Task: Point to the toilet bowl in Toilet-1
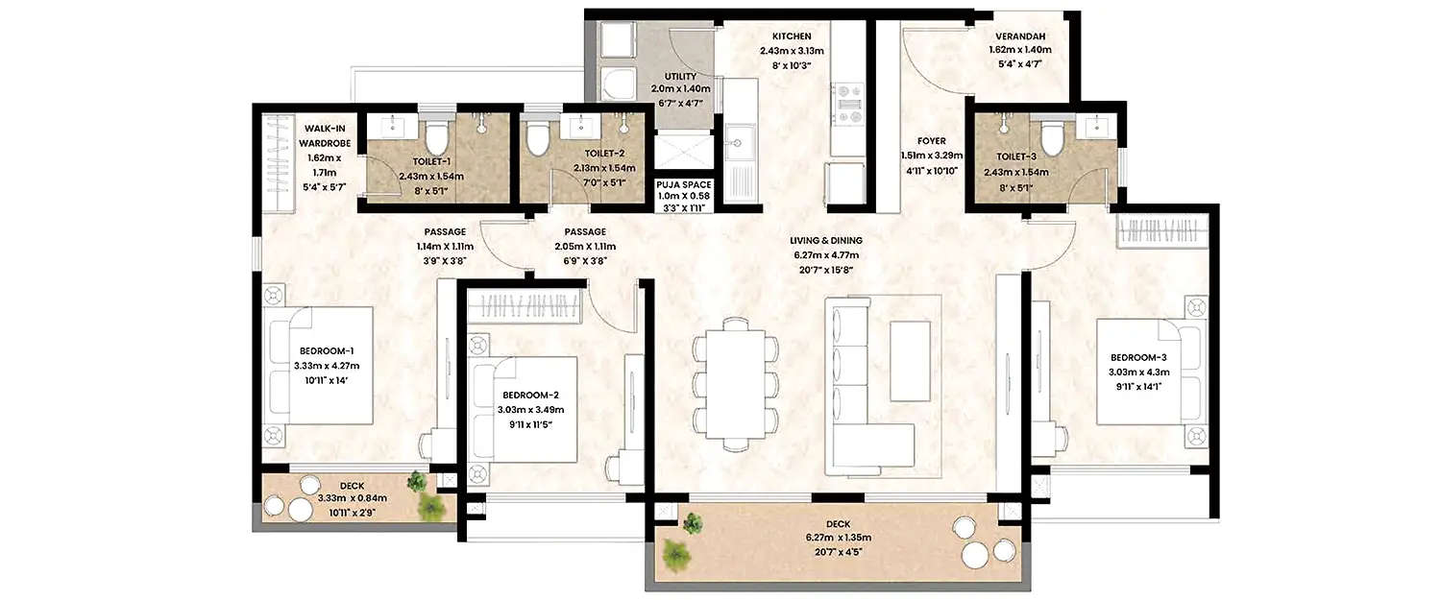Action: pyautogui.click(x=437, y=138)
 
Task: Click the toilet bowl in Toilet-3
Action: pyautogui.click(x=1051, y=138)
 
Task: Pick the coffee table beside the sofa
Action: pyautogui.click(x=909, y=360)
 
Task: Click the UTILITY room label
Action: pyautogui.click(x=680, y=76)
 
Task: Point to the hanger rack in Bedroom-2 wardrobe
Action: pyautogui.click(x=526, y=308)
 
